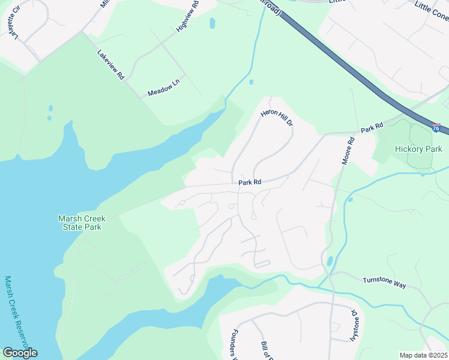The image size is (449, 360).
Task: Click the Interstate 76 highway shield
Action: pos(436,128)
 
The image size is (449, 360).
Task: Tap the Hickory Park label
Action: pos(418,149)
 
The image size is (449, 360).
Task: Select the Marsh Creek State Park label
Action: pos(80,223)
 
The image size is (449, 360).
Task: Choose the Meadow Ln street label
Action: pos(163,89)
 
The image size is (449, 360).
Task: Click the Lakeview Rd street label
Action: pos(110,64)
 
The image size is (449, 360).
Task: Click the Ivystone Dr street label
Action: pos(354,325)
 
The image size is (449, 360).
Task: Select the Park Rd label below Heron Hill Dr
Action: pos(250,182)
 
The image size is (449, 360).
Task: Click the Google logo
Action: pos(20,352)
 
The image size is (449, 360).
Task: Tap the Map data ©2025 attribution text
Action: pos(423,355)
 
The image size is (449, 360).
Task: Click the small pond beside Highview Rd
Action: pos(212,23)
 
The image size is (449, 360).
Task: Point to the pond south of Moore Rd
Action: pos(330,262)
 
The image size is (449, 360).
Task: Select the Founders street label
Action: pos(235,344)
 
